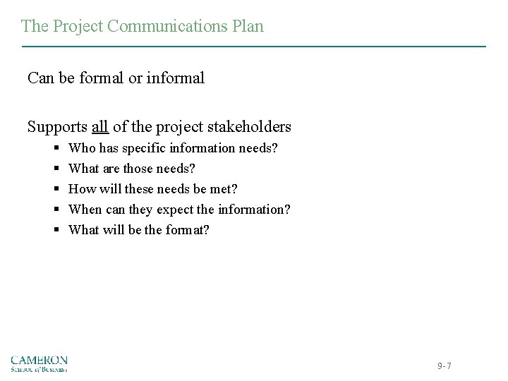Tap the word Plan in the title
tap(248, 27)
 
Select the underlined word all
tap(100, 127)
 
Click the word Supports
tap(58, 127)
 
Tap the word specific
tap(145, 149)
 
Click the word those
tap(138, 169)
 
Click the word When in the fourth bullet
tap(84, 210)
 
